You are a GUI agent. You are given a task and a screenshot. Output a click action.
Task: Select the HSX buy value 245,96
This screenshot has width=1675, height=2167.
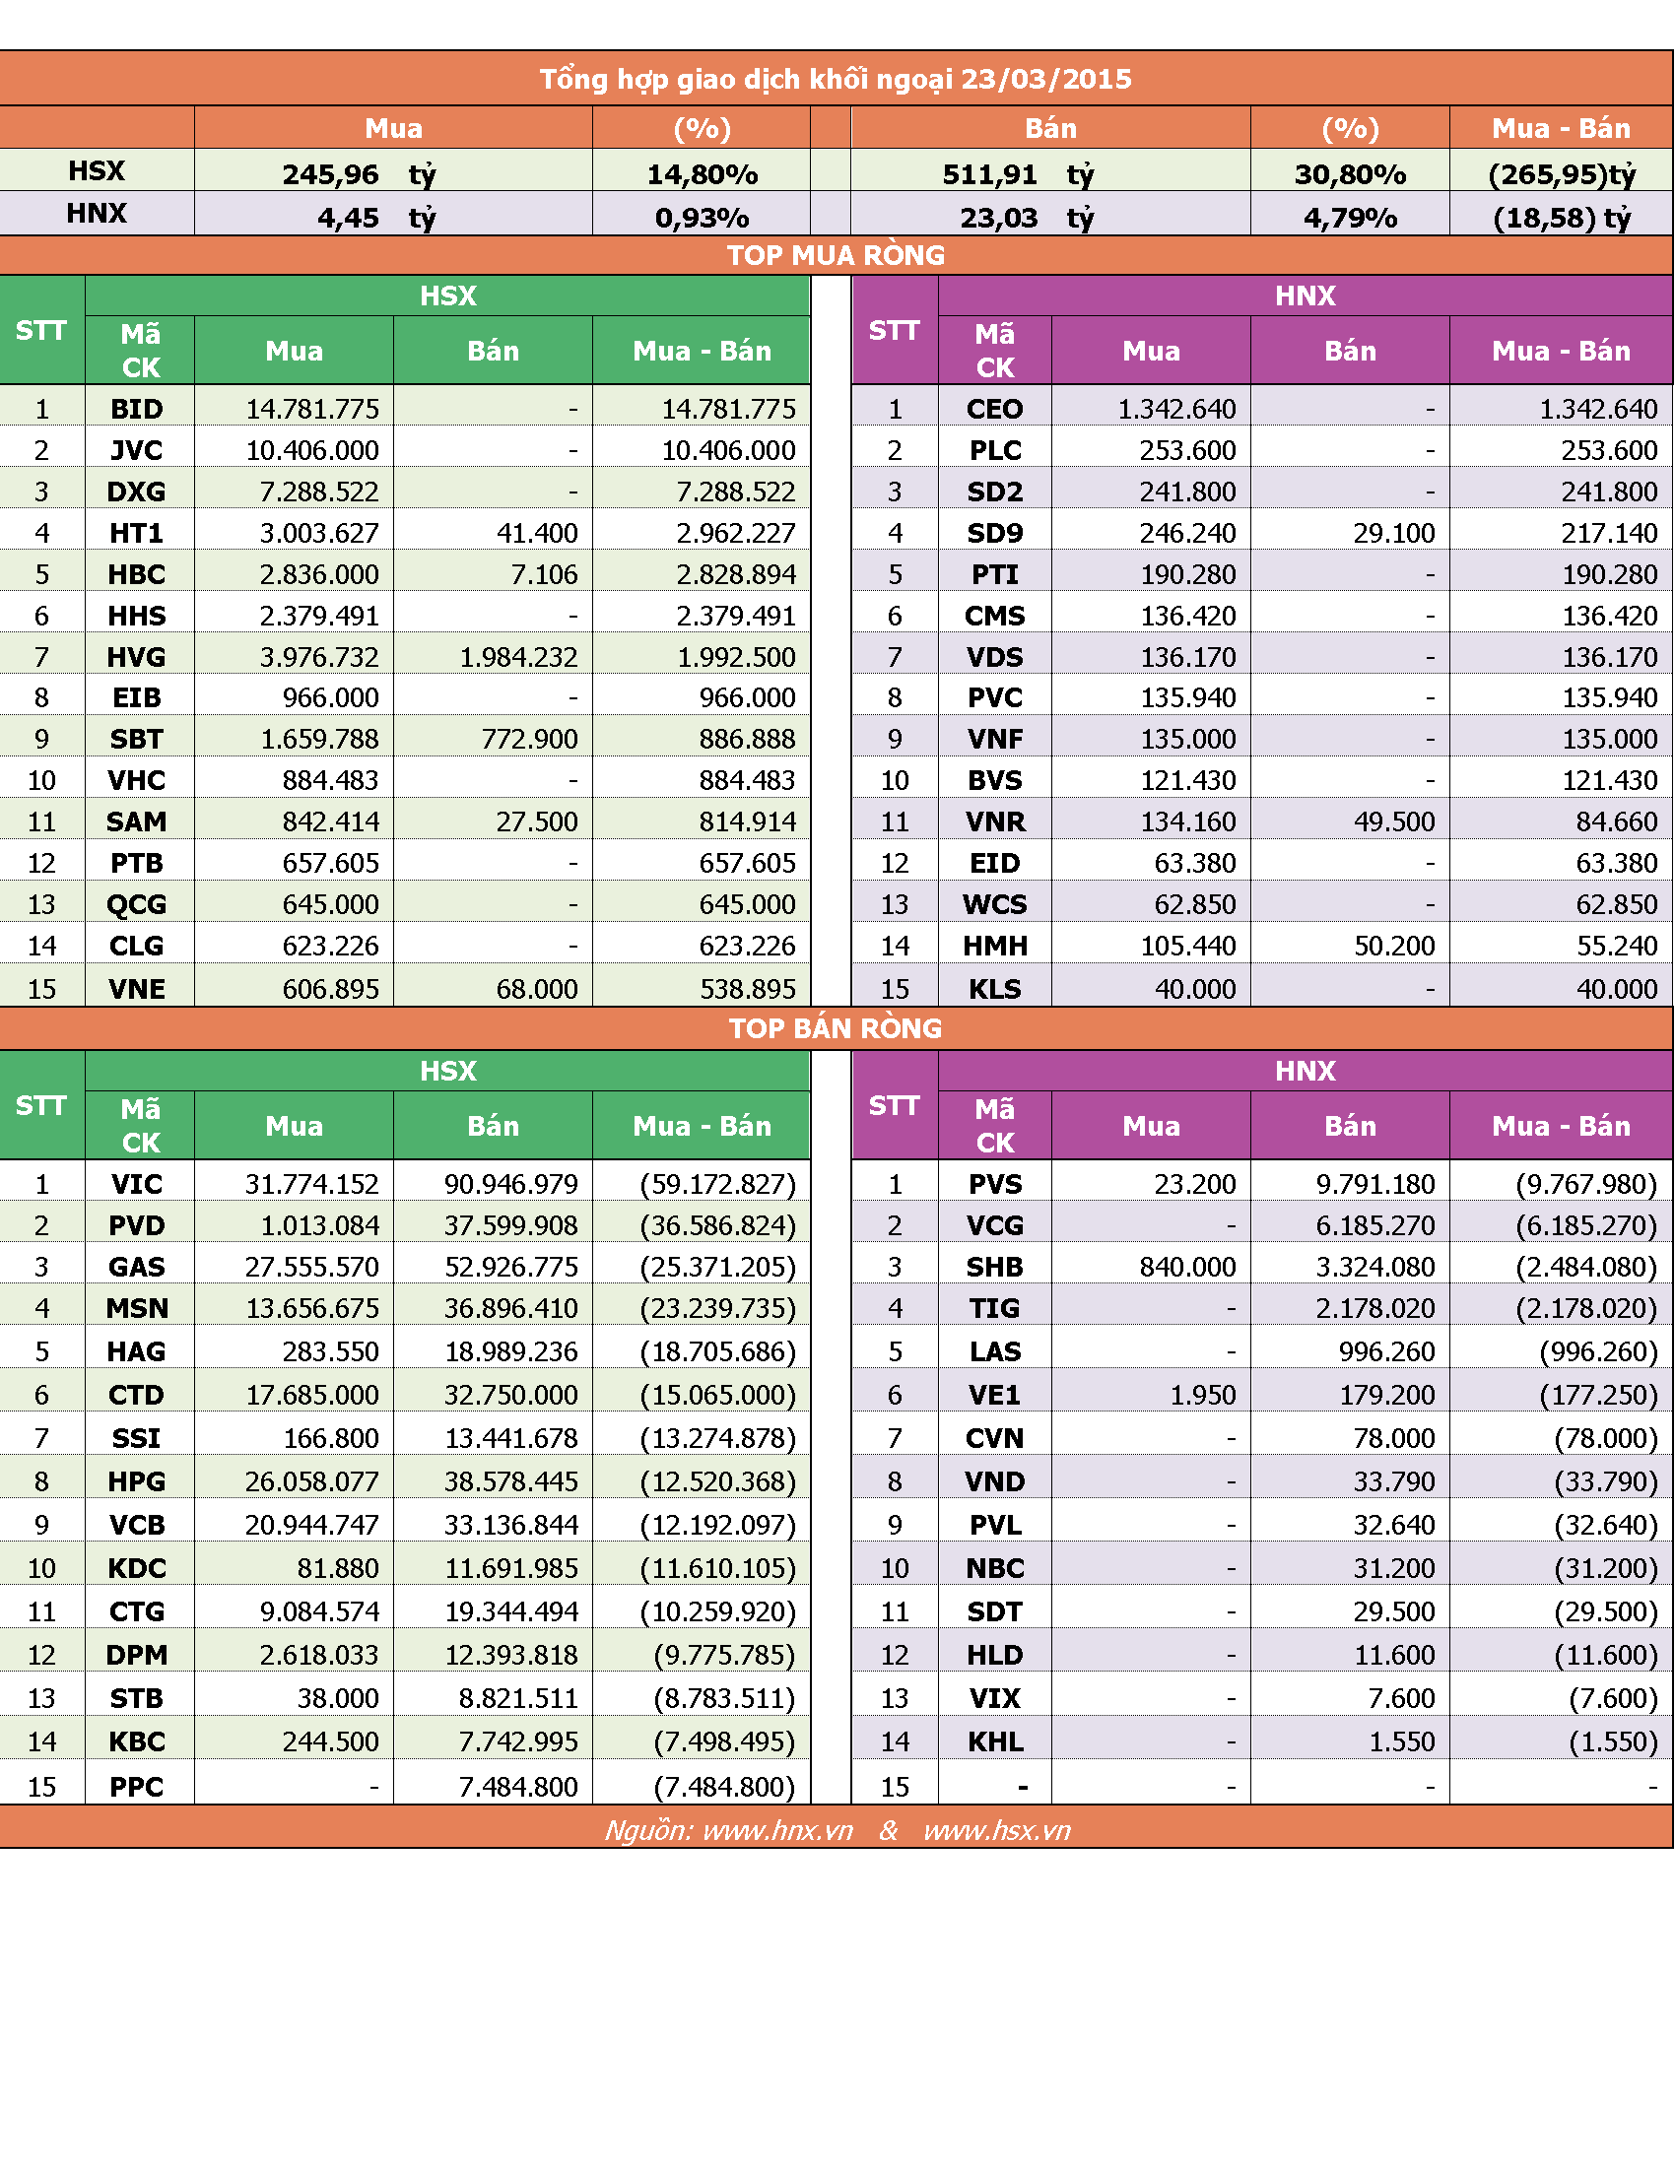point(330,174)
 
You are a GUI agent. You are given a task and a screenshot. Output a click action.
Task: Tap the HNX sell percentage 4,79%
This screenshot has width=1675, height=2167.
point(1350,218)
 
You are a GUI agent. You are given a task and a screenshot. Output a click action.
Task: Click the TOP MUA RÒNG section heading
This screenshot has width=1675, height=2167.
point(836,255)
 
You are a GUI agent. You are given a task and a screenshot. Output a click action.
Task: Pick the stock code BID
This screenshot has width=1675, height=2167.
point(137,409)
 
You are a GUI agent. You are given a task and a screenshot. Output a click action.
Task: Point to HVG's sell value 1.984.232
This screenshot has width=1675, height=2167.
point(518,657)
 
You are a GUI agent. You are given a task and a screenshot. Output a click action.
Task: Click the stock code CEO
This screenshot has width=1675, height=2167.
point(994,409)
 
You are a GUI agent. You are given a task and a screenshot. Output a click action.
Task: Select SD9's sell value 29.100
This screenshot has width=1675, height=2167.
point(1393,533)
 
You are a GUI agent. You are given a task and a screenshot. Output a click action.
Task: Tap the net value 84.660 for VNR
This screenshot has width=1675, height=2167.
point(1617,821)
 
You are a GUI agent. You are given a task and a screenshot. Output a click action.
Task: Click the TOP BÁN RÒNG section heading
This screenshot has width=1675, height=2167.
point(836,1028)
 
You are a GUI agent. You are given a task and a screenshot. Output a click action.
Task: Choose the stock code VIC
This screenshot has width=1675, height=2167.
point(137,1184)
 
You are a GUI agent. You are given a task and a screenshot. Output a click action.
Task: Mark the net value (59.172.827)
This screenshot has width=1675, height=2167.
point(717,1184)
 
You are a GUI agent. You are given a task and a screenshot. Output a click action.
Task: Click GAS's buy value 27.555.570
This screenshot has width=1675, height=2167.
point(311,1267)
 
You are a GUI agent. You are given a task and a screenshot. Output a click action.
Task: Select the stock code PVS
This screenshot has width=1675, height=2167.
point(994,1184)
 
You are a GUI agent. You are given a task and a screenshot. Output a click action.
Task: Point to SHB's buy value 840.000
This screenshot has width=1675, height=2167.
point(1187,1267)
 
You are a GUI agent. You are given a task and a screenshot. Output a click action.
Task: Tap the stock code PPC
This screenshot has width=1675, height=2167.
point(137,1787)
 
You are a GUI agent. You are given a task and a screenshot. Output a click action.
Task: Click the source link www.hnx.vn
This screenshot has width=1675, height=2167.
point(778,1831)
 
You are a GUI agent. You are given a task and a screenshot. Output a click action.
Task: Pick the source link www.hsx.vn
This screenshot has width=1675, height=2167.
point(996,1831)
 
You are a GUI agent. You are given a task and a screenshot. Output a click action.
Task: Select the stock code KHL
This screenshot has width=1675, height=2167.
point(994,1741)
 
